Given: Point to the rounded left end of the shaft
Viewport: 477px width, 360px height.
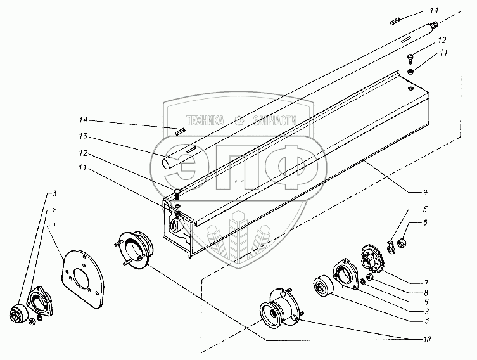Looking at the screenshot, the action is tap(167, 162).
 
